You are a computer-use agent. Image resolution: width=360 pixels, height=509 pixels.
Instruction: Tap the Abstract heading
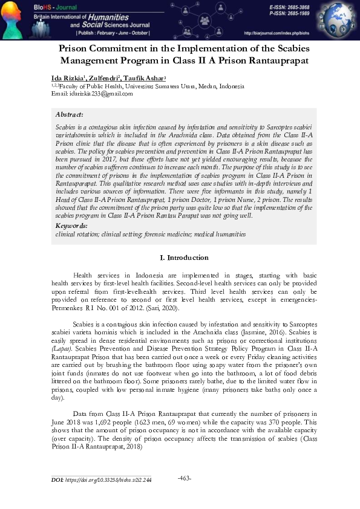pyautogui.click(x=69, y=114)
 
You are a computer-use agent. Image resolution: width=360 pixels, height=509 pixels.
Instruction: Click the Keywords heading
pyautogui.click(x=71, y=225)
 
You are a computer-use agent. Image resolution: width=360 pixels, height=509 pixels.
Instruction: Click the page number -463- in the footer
pyautogui.click(x=185, y=479)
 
